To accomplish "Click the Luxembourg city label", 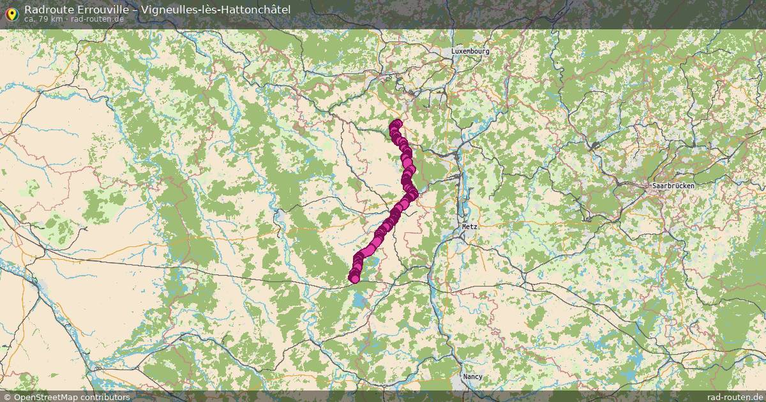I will (x=470, y=51).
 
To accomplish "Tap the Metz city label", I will (x=470, y=227).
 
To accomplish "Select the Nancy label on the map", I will (x=473, y=376).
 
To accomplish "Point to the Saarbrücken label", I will (x=673, y=186).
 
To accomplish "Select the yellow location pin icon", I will (x=11, y=13).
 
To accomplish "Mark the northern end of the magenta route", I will (x=396, y=124).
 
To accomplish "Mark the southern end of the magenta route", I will (x=354, y=278).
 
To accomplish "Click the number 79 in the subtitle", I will (x=42, y=19).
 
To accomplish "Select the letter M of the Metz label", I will (x=464, y=227).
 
